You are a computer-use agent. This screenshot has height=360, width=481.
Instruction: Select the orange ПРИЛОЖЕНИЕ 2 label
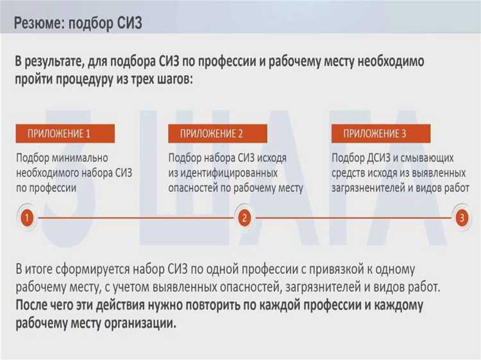[212, 133]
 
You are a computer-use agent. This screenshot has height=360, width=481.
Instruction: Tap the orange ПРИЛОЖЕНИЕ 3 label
[375, 133]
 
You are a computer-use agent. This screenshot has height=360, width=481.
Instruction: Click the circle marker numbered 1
[27, 218]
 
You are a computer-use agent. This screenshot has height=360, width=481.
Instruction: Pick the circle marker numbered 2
[244, 218]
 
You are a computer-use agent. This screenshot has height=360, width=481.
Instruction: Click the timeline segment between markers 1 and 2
[135, 218]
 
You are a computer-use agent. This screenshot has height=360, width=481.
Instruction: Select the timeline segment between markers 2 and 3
[353, 218]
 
